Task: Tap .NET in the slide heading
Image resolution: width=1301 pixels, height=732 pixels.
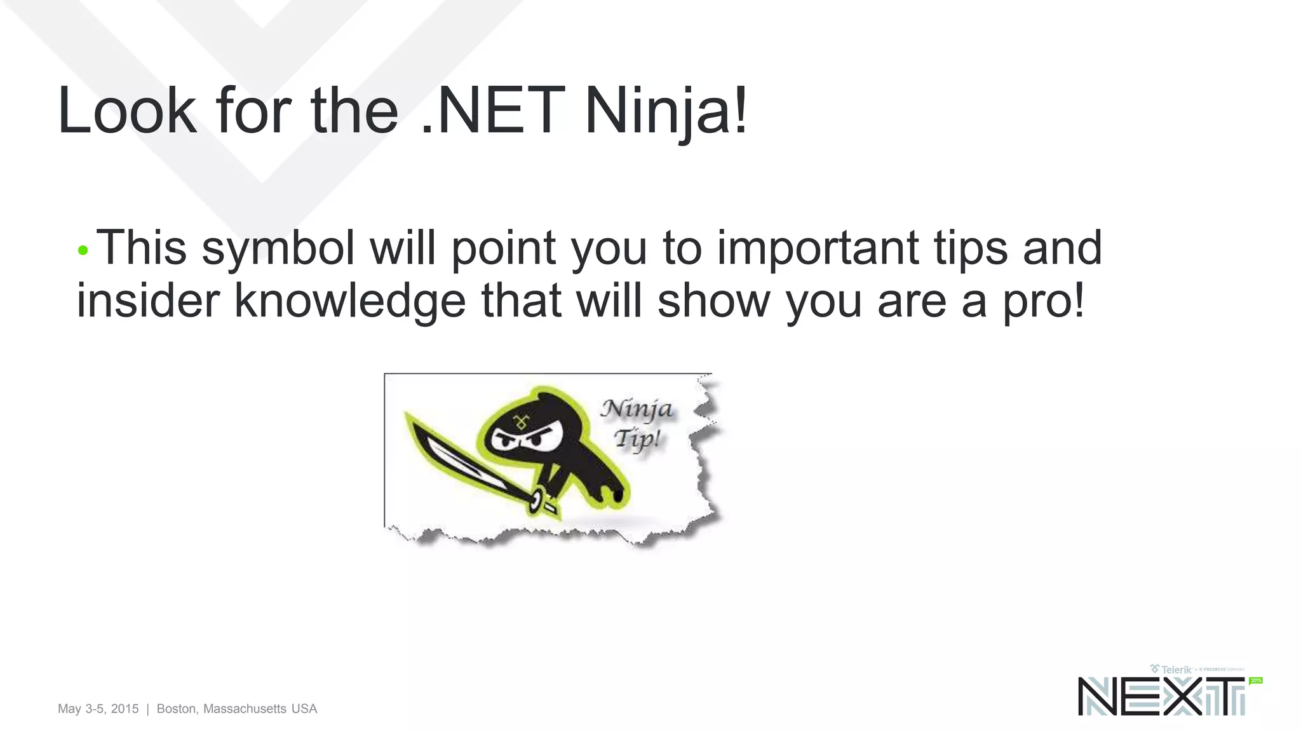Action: click(x=492, y=111)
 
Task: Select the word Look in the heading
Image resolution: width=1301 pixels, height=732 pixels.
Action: click(x=126, y=111)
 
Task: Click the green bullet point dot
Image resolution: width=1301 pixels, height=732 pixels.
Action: click(x=83, y=250)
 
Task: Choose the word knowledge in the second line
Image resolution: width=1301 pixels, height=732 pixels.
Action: click(x=350, y=301)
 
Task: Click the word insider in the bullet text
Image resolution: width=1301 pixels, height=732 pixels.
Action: click(x=148, y=300)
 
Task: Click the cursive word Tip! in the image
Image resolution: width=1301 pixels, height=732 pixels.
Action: click(x=637, y=438)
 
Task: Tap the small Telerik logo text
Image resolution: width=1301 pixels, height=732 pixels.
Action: click(x=1176, y=669)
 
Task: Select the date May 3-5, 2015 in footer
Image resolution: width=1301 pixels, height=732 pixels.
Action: click(x=98, y=708)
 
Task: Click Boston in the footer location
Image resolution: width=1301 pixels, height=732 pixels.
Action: click(x=177, y=708)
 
